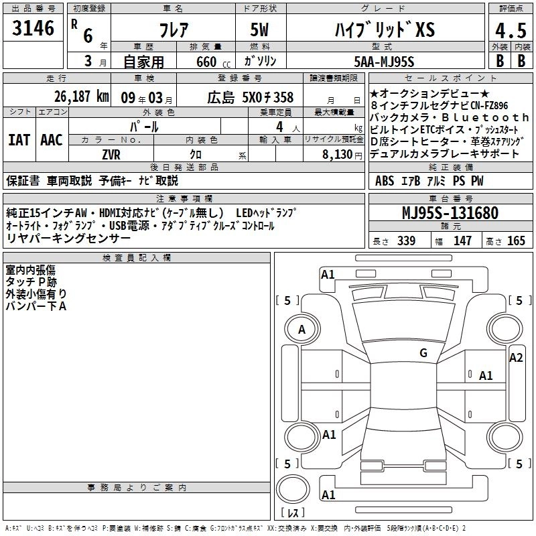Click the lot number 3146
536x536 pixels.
33,28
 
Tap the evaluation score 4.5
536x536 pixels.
510,31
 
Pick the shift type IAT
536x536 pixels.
19,139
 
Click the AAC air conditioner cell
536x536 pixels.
51,139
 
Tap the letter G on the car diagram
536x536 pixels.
423,353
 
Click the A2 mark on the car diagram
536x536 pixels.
515,358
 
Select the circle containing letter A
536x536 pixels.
301,329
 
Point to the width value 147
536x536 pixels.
462,241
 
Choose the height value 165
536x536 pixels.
517,241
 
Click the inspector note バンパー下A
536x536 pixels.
36,306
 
